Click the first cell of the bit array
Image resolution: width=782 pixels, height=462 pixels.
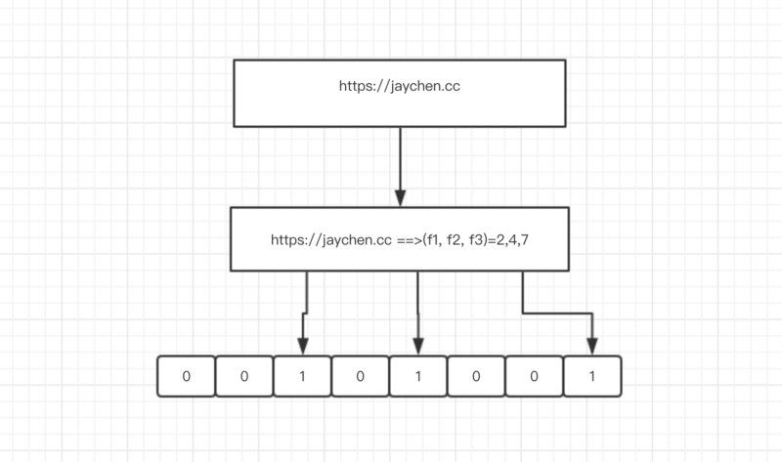[x=186, y=377]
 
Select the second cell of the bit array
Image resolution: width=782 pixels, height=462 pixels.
[x=243, y=377]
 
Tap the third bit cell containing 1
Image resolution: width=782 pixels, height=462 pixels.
[x=302, y=377]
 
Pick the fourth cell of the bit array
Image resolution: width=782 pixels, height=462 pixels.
[x=360, y=377]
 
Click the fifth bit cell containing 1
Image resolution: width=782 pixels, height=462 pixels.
[x=418, y=377]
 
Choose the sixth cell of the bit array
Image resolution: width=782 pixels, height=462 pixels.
[x=476, y=377]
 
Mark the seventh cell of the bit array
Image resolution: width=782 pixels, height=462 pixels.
[x=535, y=377]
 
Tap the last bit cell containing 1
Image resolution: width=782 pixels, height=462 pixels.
[x=592, y=377]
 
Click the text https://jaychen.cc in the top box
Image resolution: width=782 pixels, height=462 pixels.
[x=400, y=87]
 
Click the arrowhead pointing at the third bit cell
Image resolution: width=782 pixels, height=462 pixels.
[x=302, y=347]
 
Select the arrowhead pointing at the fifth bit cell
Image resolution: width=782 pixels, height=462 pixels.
[x=418, y=347]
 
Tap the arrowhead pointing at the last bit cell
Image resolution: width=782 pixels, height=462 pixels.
[x=592, y=347]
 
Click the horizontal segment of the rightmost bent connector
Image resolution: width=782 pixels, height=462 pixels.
[x=557, y=313]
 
